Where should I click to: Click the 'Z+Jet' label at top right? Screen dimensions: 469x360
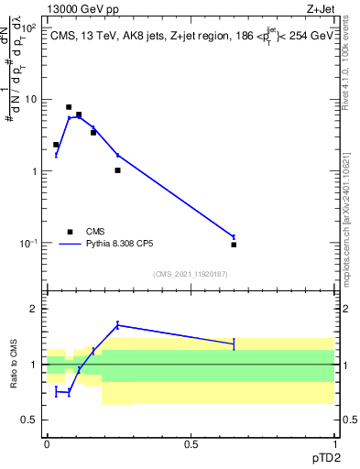pyautogui.click(x=319, y=8)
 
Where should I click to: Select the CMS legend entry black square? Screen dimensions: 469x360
pyautogui.click(x=70, y=232)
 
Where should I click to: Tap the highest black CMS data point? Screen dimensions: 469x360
pyautogui.click(x=69, y=107)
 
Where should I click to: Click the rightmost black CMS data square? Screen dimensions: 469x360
pyautogui.click(x=234, y=245)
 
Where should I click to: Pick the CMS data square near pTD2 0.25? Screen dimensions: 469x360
pyautogui.click(x=117, y=170)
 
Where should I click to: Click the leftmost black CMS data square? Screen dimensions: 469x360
pyautogui.click(x=56, y=145)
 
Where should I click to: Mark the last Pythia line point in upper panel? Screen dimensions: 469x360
pyautogui.click(x=234, y=236)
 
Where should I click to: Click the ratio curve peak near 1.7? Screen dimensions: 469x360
pyautogui.click(x=117, y=324)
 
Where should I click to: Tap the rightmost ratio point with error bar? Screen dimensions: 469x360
pyautogui.click(x=234, y=344)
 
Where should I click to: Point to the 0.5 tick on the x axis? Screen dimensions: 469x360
pyautogui.click(x=191, y=443)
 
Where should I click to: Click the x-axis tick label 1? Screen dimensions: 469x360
pyautogui.click(x=334, y=443)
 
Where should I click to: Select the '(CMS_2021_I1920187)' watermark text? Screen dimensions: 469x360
pyautogui.click(x=190, y=274)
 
